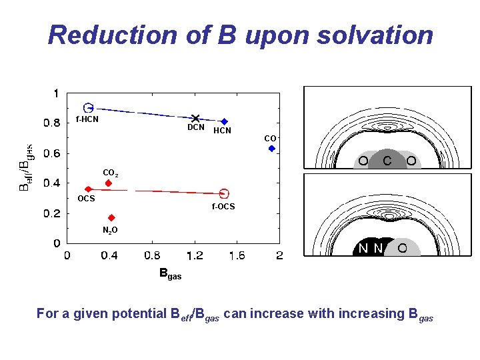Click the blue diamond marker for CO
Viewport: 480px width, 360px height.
271,149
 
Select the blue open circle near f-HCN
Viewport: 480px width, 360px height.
88,107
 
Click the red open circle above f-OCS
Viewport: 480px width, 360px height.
224,193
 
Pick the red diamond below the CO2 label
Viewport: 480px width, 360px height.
108,183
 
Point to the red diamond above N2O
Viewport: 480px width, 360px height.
111,218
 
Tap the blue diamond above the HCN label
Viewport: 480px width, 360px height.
225,121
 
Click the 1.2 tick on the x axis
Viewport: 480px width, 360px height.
194,255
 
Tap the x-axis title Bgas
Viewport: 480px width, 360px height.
170,273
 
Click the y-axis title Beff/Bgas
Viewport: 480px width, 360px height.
25,168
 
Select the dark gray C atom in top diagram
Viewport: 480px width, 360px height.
387,161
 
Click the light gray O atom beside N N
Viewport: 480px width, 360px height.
402,248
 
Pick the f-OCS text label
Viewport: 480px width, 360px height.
223,207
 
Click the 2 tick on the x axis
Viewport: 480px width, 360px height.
279,255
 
